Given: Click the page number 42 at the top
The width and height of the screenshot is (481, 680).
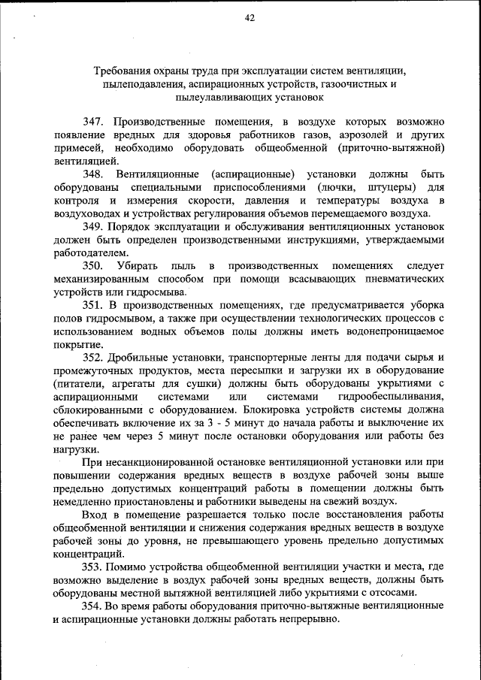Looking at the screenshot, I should click(x=250, y=19).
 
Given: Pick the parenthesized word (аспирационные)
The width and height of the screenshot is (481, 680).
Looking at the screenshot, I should click(x=247, y=174).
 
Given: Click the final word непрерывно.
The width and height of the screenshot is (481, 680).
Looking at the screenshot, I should click(x=301, y=620).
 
